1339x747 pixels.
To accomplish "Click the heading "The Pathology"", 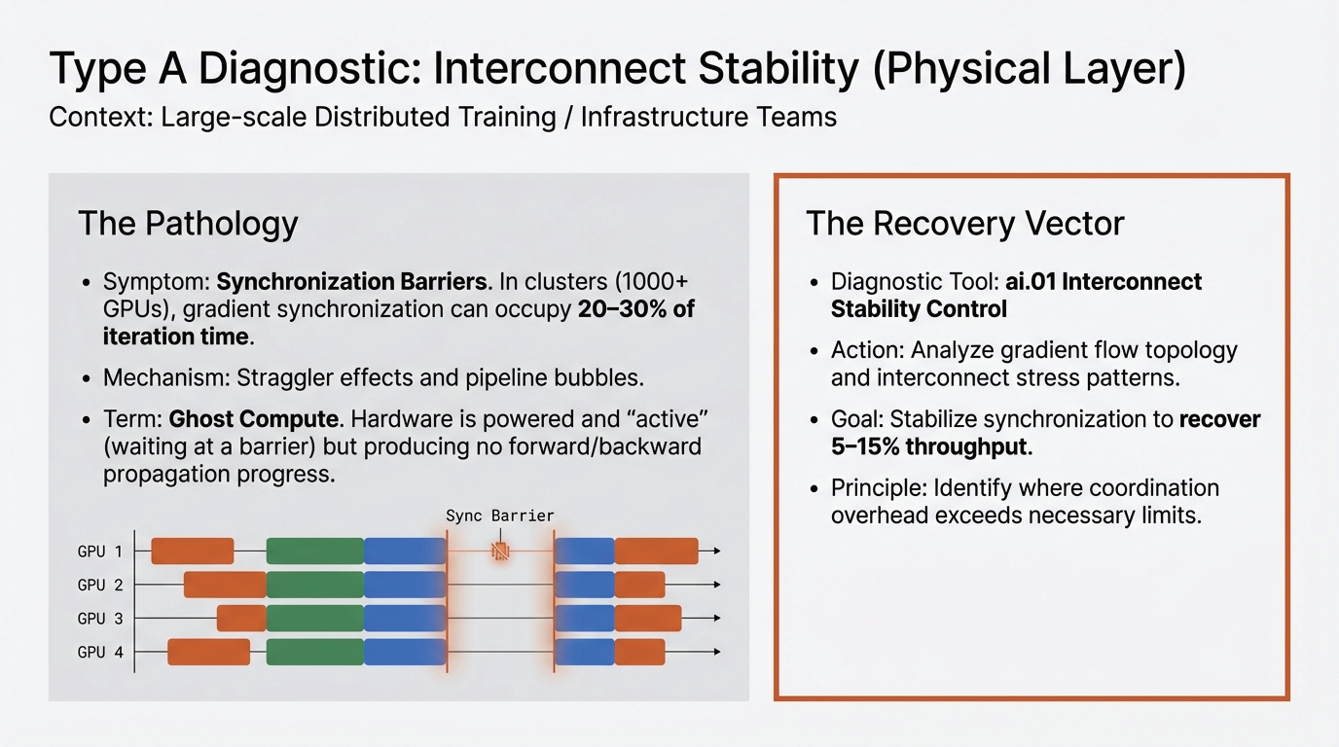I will click(188, 224).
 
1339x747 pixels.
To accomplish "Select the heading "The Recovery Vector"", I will click(964, 224).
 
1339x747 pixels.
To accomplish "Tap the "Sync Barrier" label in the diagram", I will click(499, 516).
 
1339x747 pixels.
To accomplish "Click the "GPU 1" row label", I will click(100, 551).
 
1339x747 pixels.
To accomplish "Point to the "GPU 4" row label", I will click(100, 653).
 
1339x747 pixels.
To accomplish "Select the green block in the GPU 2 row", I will click(314, 585).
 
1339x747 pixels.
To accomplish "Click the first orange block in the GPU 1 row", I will click(192, 551).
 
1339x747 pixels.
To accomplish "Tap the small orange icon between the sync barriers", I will click(500, 551).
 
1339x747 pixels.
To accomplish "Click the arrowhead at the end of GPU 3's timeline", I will click(716, 619).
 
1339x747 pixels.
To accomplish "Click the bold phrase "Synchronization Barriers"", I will click(351, 282).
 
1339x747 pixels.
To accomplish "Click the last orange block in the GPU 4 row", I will click(639, 652).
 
